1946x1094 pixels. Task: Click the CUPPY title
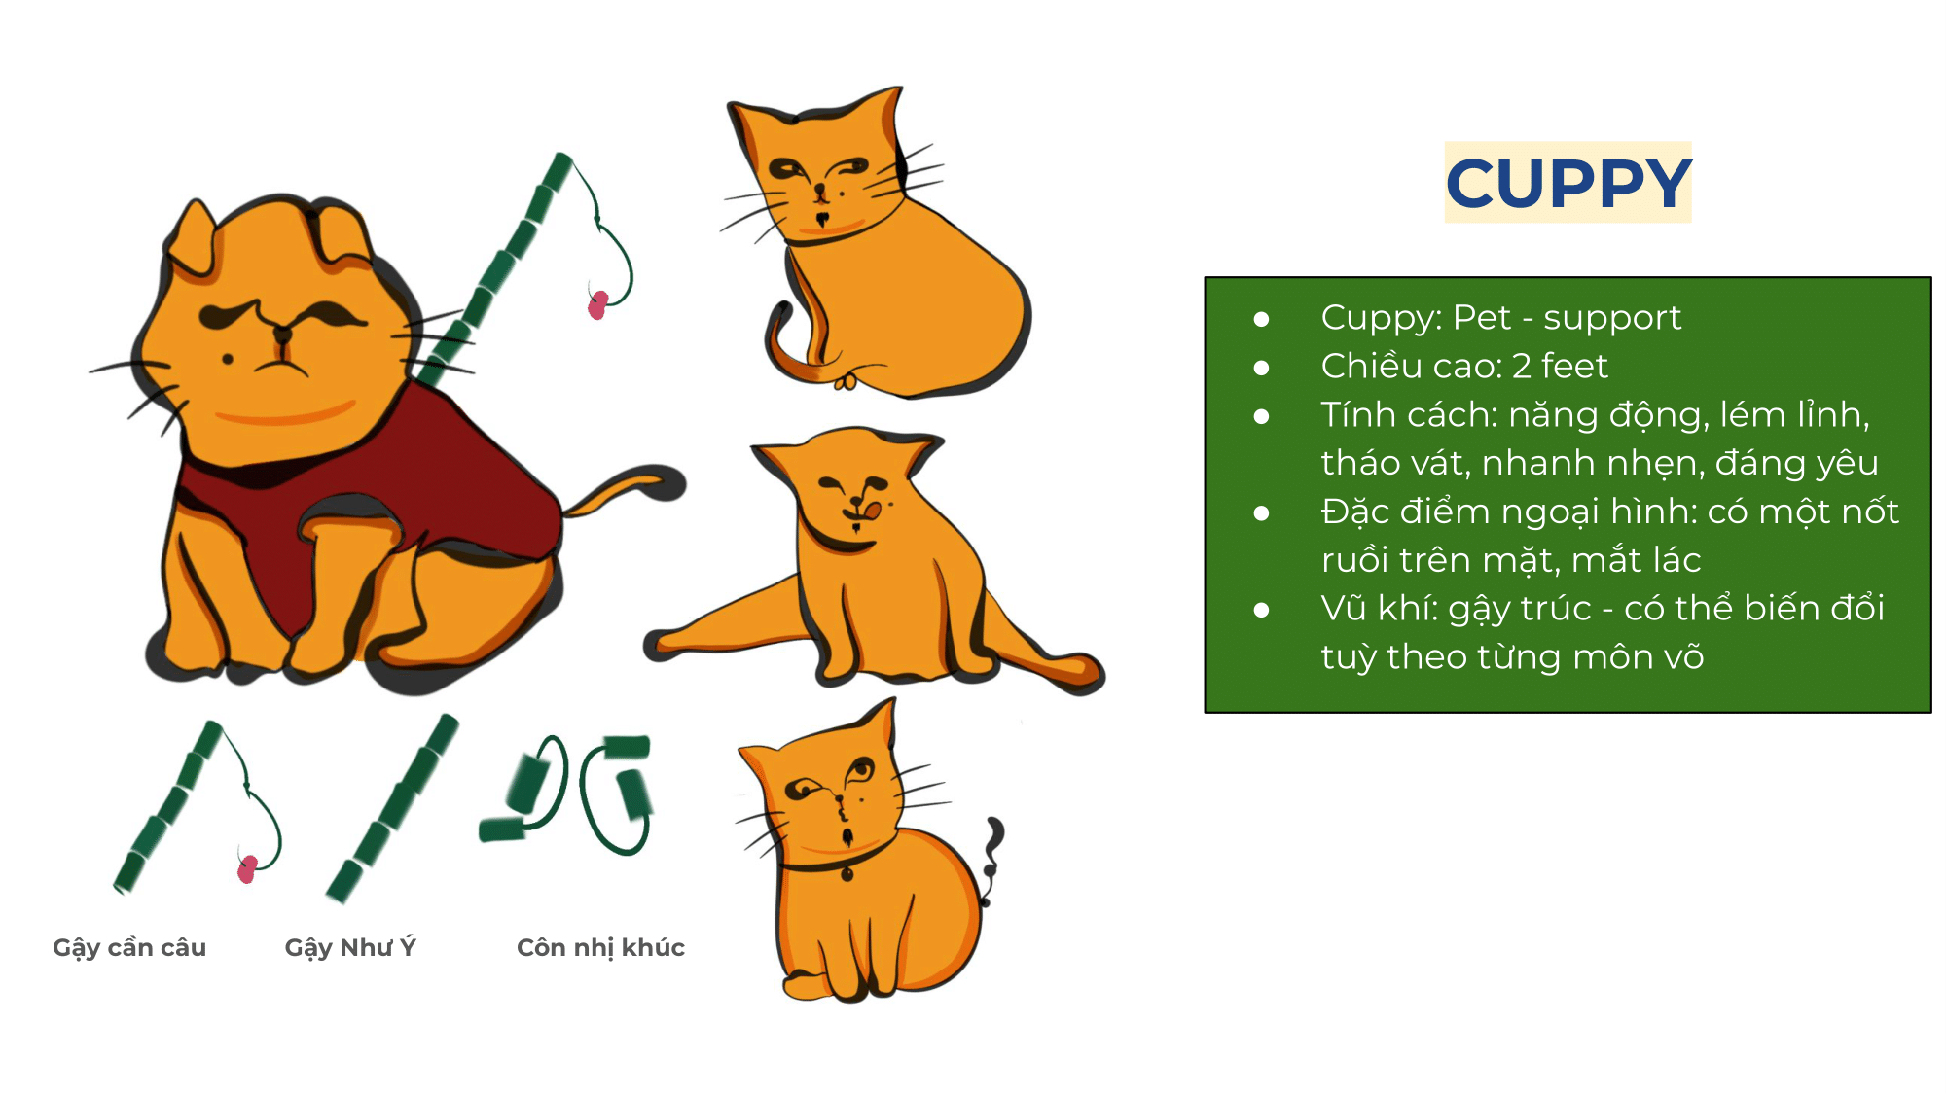click(1568, 183)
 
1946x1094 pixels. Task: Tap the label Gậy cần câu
click(129, 948)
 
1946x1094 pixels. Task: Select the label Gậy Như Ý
click(350, 947)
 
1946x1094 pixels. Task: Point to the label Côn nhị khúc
click(600, 947)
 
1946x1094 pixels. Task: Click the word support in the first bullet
click(1612, 319)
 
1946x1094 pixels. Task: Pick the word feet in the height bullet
click(1574, 366)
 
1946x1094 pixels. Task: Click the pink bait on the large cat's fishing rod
click(597, 304)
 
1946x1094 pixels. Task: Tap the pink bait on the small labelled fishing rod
click(247, 868)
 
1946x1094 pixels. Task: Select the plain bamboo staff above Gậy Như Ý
click(392, 809)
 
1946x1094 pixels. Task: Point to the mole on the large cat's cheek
click(228, 359)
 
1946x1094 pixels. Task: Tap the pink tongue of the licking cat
click(872, 510)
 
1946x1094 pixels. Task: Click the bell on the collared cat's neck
click(847, 875)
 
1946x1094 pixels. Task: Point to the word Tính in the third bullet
click(1356, 414)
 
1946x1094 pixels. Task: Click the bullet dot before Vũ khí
click(1262, 610)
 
